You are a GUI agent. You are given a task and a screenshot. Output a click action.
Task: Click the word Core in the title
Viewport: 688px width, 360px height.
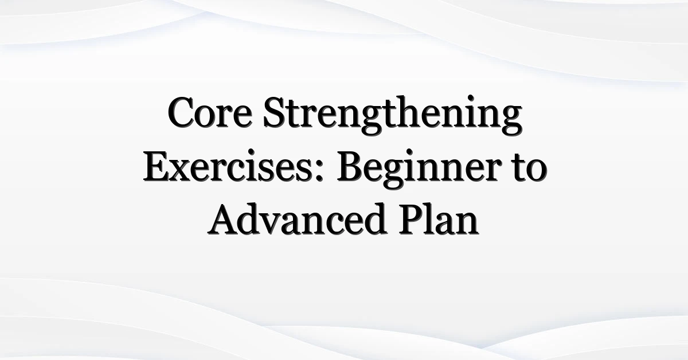tap(210, 112)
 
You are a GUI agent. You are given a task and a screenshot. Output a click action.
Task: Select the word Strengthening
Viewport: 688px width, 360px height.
tap(393, 115)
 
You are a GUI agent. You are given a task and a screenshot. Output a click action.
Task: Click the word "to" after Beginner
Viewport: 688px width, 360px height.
tap(529, 168)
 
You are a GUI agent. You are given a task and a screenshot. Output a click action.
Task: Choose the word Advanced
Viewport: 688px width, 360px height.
tap(296, 220)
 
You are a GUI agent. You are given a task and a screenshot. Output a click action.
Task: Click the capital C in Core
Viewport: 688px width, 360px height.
tap(181, 112)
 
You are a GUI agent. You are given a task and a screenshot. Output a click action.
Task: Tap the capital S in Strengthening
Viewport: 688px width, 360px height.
tap(275, 112)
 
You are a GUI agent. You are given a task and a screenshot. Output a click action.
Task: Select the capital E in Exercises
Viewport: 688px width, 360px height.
tap(157, 166)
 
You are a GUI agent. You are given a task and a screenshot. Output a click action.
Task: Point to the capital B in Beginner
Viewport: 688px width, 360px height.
tap(350, 166)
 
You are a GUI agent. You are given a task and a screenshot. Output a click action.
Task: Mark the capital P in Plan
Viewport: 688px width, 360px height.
tap(412, 220)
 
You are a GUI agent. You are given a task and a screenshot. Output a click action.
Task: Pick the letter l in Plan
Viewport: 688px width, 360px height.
tap(432, 218)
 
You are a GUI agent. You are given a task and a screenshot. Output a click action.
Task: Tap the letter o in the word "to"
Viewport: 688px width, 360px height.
tap(536, 171)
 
